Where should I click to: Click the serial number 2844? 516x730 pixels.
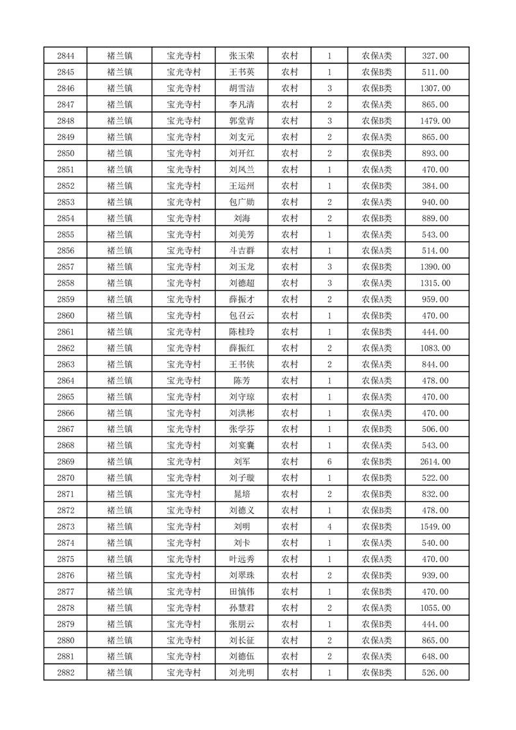tap(66, 56)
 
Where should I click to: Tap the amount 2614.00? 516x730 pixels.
tap(435, 461)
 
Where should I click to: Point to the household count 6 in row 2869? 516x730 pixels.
tap(330, 461)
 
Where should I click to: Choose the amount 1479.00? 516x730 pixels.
tap(435, 120)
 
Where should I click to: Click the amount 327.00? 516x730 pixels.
tap(435, 56)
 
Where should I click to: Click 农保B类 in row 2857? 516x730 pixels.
tap(377, 267)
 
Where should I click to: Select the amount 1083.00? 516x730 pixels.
tap(435, 348)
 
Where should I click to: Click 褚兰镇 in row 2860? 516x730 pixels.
tap(120, 316)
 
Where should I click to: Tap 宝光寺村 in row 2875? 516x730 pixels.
tap(183, 559)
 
